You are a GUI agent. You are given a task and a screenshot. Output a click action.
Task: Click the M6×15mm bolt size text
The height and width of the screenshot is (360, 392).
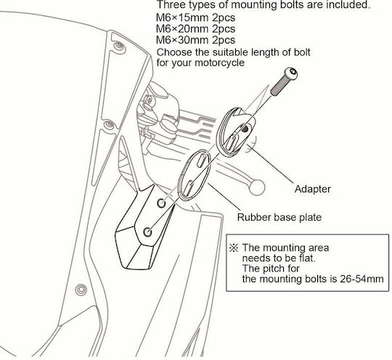[x=182, y=17]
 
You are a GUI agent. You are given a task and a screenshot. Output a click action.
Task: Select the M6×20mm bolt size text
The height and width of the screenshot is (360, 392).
[x=182, y=29]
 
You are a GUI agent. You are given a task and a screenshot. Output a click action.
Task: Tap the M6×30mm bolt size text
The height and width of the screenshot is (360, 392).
[x=182, y=40]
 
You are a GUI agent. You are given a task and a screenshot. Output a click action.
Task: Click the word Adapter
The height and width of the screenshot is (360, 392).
[x=312, y=189]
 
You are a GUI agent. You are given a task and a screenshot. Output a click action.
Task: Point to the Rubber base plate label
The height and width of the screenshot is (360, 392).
[x=279, y=217]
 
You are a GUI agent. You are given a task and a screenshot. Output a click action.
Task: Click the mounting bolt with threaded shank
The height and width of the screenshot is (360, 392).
[x=284, y=81]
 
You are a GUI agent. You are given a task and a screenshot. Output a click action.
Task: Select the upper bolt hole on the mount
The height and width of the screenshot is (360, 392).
[x=161, y=203]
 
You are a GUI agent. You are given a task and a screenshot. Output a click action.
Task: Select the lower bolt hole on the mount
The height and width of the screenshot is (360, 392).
[x=148, y=232]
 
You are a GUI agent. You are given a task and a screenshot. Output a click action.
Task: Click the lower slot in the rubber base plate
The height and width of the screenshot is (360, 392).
[x=188, y=187]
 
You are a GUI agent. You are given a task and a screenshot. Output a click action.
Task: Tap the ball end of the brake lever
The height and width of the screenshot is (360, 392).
[x=257, y=187]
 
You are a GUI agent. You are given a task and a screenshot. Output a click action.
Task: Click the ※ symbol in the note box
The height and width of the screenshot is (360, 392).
[x=234, y=248]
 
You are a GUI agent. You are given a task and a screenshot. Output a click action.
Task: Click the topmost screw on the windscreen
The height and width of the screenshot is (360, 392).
[x=119, y=46]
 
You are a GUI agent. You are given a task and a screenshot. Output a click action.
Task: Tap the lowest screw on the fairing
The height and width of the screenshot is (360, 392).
[x=81, y=290]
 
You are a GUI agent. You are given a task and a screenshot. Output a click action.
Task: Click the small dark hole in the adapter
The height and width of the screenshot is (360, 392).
[x=245, y=128]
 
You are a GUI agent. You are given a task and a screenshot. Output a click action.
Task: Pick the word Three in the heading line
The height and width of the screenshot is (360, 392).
[x=170, y=5]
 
